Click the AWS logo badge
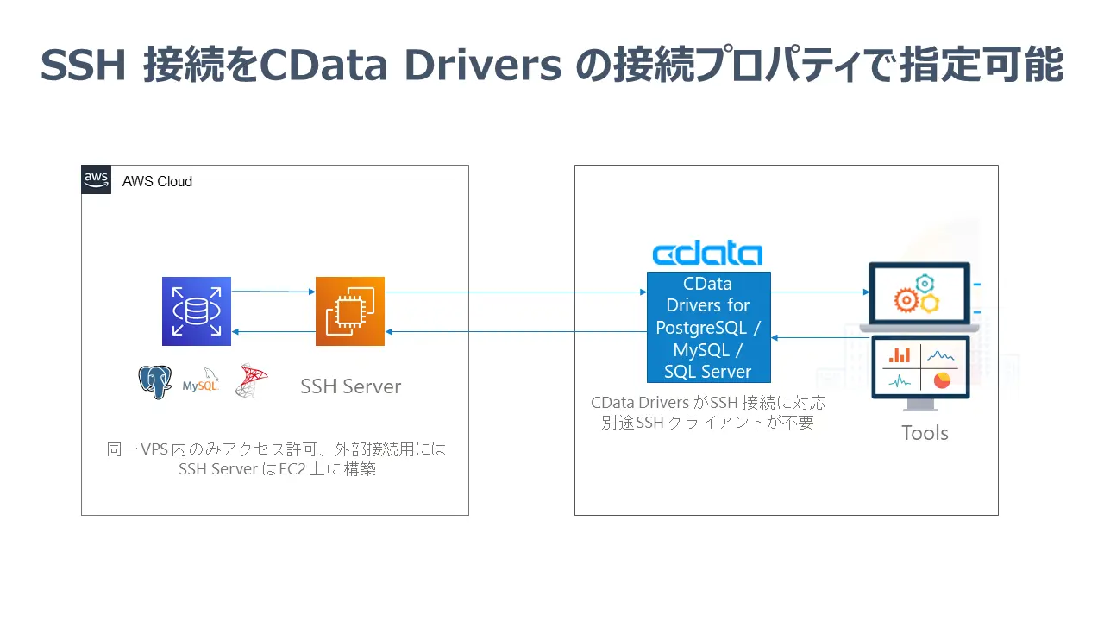coord(97,179)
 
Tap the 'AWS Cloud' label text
coord(157,182)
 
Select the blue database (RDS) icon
coord(197,311)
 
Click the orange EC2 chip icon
coord(349,311)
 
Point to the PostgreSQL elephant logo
coord(155,381)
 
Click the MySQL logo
coord(200,384)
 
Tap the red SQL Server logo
coord(252,380)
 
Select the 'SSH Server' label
coord(350,386)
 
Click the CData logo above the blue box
coord(707,254)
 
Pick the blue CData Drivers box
coord(708,328)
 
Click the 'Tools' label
coord(925,433)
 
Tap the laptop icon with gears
coord(919,294)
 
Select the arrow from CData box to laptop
coord(819,292)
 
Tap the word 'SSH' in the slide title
coord(85,66)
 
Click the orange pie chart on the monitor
coord(942,379)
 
